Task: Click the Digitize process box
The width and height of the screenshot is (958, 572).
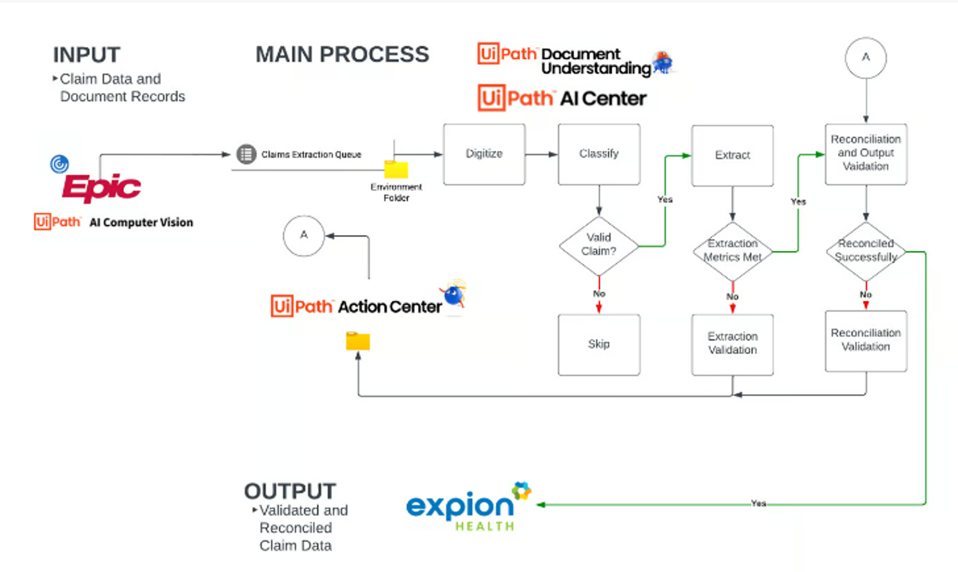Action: coord(484,154)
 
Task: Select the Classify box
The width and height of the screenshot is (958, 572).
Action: coord(598,154)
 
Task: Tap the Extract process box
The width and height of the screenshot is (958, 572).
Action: coord(732,155)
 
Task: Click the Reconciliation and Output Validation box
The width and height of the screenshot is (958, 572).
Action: coord(866,153)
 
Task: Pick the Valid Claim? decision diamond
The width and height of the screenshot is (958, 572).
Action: coord(598,245)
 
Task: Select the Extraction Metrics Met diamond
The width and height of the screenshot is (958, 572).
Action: coord(732,251)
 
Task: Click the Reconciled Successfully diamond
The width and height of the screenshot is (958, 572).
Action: coord(866,251)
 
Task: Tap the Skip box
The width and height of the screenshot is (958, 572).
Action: coord(598,344)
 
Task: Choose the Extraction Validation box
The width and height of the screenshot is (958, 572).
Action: coord(732,344)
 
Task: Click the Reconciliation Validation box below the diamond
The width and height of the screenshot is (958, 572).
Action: coord(866,340)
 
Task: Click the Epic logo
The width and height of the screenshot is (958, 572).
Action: coord(101,187)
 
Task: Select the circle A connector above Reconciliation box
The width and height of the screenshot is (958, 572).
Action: coord(866,58)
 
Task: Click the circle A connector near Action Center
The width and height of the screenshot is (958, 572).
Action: coord(304,236)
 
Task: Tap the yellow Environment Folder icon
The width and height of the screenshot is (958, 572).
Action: coord(396,169)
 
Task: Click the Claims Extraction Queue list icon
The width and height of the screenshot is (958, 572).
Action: coord(246,154)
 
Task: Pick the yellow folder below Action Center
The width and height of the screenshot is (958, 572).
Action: coord(358,341)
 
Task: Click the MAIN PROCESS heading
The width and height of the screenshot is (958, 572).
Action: coord(342,55)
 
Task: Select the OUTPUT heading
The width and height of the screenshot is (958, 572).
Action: coord(290,491)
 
